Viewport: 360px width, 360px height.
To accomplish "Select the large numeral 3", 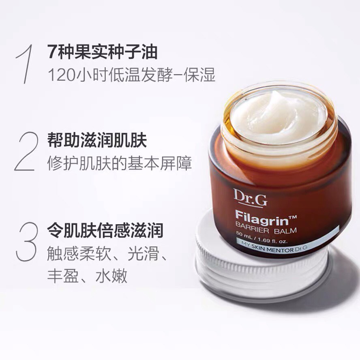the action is [26, 242].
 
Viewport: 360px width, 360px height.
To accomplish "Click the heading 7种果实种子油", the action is [103, 51].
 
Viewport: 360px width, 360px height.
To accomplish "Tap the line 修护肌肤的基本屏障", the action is [119, 163].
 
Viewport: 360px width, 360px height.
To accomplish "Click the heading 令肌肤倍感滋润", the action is [105, 230].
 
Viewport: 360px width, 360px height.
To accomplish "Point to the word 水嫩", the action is [111, 276].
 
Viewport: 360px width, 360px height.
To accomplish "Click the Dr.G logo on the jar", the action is [250, 197].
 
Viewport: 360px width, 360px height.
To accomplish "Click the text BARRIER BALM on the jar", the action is [266, 229].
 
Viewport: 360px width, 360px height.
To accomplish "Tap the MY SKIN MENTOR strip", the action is [287, 243].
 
